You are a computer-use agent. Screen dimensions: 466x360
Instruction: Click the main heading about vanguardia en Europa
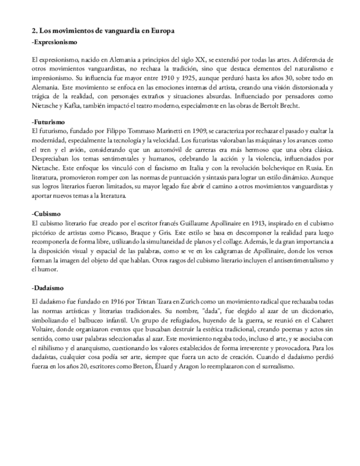103,31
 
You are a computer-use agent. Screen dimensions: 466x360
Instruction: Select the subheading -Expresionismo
54,42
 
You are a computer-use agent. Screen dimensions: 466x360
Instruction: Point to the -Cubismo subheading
48,213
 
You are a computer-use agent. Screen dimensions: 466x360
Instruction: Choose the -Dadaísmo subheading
49,287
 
